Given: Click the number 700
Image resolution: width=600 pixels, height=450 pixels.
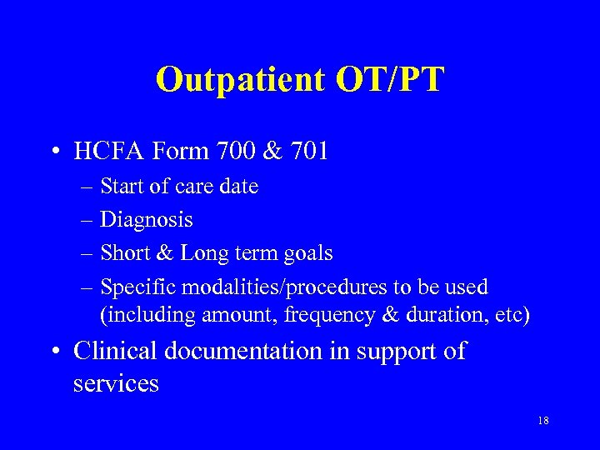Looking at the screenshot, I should click(x=237, y=152).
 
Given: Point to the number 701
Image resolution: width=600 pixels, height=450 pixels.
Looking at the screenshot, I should click(x=306, y=152).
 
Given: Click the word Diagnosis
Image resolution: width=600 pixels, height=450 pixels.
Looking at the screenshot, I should click(x=147, y=220).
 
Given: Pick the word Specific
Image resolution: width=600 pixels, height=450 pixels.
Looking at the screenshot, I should click(x=137, y=287).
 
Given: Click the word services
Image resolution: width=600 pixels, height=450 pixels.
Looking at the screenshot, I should click(x=116, y=384).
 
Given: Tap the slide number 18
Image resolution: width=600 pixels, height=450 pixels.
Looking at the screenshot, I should click(x=543, y=421).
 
